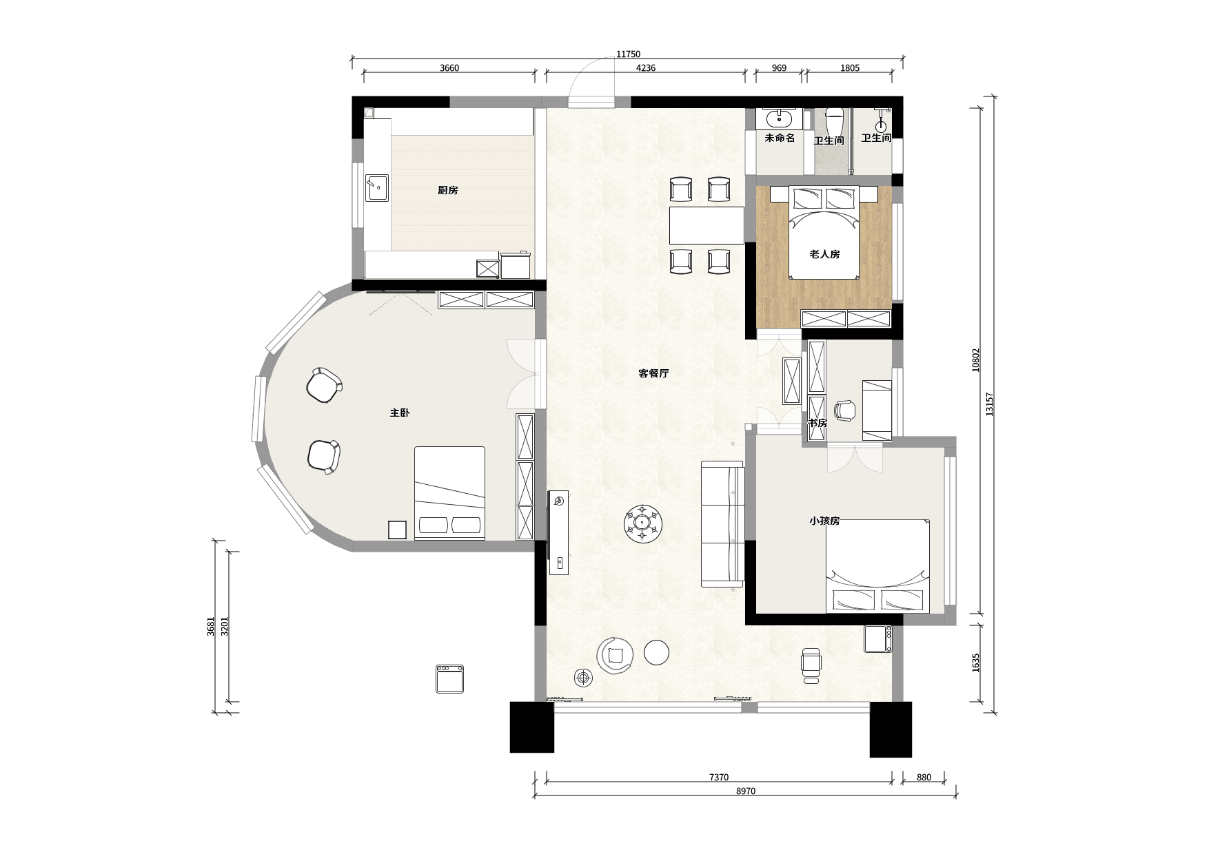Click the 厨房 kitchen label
447,191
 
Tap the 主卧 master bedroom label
400,413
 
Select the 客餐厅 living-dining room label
653,374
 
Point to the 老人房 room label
824,255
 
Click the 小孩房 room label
824,521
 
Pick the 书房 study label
817,424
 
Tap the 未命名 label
780,138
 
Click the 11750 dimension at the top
628,54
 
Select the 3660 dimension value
449,67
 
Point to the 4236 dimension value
645,67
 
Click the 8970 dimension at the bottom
745,791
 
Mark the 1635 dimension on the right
975,663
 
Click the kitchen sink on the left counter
376,187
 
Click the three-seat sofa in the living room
723,523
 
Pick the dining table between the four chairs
707,225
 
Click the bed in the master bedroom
449,493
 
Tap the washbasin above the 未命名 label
779,118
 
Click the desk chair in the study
844,410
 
